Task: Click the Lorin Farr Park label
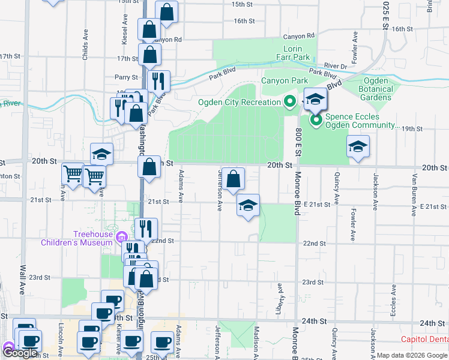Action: click(x=297, y=53)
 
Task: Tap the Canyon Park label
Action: click(x=284, y=80)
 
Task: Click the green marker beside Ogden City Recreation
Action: click(x=290, y=101)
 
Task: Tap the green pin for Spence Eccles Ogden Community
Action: click(x=316, y=121)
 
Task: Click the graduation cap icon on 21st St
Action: click(x=247, y=205)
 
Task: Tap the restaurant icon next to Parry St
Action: click(x=158, y=80)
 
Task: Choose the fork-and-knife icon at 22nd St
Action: click(x=146, y=228)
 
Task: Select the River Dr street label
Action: click(x=336, y=65)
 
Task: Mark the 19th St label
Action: click(x=413, y=129)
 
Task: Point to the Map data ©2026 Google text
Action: click(x=411, y=355)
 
